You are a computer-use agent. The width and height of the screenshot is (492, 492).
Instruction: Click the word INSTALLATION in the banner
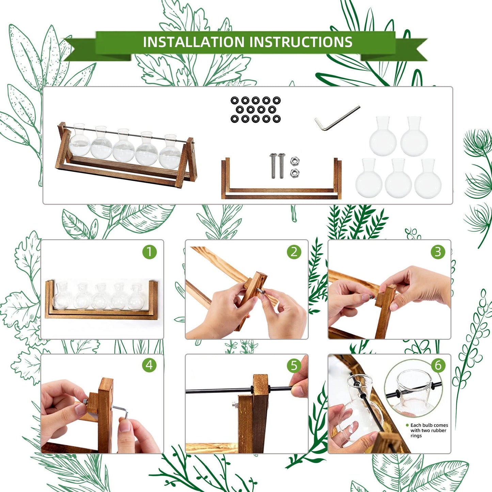pos(193,42)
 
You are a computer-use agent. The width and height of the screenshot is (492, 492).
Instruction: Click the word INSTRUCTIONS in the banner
pos(301,42)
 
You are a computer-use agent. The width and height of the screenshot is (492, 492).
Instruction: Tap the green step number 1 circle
pos(149,252)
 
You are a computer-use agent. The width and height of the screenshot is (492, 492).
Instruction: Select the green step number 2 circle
pos(294,252)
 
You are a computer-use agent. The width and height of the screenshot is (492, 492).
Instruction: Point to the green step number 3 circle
pos(438,252)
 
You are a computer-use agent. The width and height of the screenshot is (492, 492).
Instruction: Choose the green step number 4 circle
pos(149,365)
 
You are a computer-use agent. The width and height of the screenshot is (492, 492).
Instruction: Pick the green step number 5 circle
pos(294,365)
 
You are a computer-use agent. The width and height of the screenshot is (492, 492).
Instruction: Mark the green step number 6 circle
pos(438,365)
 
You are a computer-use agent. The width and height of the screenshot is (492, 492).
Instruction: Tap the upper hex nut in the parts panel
pos(295,161)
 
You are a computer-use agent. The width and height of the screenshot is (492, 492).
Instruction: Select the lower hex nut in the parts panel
pos(295,173)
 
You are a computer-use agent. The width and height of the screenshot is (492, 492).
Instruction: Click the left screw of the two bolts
pos(273,165)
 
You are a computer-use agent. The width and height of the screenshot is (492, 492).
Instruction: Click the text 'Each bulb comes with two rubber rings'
pos(429,430)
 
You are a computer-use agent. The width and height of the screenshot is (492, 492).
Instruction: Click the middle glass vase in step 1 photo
pos(100,297)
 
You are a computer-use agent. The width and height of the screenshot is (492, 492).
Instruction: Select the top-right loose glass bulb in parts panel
pos(414,136)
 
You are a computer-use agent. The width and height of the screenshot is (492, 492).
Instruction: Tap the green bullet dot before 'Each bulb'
pos(407,425)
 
